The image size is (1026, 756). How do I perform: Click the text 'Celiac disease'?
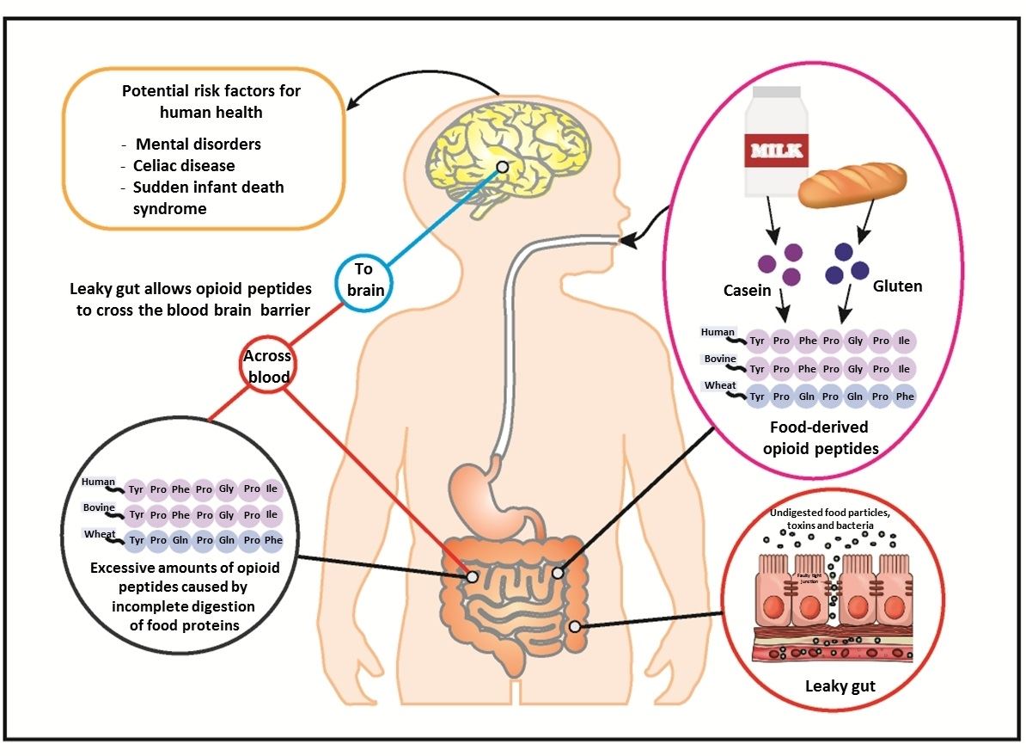(184, 165)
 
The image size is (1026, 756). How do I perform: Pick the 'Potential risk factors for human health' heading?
(211, 101)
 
